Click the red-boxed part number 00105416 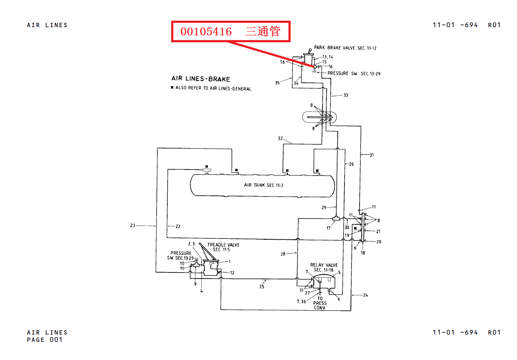point(206,31)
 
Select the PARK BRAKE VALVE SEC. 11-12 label point(345,48)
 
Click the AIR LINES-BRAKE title point(201,79)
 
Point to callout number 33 point(345,95)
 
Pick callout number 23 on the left point(132,225)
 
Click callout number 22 point(178,226)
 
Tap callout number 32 point(280,138)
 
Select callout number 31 point(371,154)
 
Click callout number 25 point(262,286)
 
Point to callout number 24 point(365,295)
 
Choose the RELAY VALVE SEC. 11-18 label point(324,267)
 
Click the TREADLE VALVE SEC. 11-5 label point(223,247)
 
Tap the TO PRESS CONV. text point(320,303)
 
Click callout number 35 point(277,82)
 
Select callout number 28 point(283,254)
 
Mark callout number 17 point(329,228)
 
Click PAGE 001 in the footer point(45,340)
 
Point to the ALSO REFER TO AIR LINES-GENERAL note point(213,88)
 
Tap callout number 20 point(379,242)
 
